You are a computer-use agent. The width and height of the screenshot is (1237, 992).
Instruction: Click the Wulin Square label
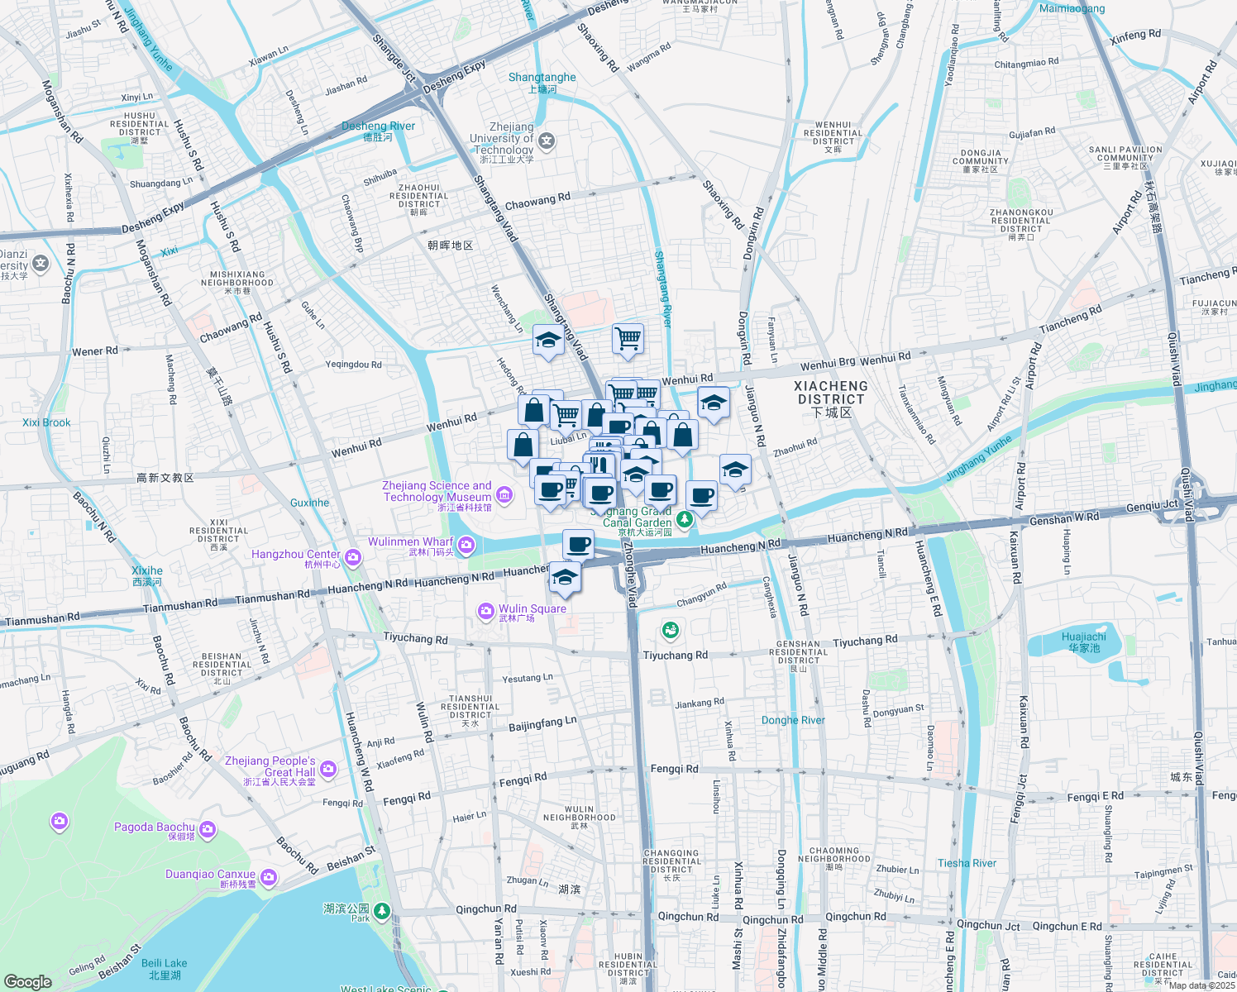tap(533, 609)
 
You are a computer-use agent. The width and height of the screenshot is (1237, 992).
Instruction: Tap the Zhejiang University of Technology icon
tap(547, 141)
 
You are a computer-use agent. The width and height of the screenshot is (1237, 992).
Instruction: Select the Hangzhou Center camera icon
tap(353, 558)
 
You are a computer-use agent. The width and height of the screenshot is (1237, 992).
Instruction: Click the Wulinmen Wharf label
tap(411, 542)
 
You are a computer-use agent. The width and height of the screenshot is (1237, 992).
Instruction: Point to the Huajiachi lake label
tap(1083, 641)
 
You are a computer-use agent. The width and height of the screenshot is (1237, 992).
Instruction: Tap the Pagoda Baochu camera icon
tap(208, 828)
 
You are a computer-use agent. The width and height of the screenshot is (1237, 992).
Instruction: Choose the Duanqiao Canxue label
tap(210, 875)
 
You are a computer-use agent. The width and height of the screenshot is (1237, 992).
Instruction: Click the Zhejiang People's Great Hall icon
tap(328, 770)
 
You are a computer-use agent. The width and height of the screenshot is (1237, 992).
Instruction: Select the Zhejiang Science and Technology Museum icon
tap(504, 494)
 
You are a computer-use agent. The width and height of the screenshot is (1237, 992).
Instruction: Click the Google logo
tap(28, 981)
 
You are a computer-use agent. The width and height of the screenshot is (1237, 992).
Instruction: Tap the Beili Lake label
tap(164, 964)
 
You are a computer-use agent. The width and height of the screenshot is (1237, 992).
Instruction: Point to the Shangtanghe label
tap(542, 78)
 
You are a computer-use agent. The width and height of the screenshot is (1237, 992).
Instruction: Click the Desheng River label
tap(378, 126)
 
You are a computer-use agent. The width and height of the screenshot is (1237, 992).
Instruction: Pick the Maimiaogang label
tap(1072, 8)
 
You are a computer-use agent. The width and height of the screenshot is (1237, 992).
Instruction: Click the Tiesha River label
tap(967, 863)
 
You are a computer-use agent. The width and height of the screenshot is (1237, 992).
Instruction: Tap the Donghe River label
tap(793, 720)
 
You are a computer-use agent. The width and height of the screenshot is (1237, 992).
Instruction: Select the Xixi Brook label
tap(46, 422)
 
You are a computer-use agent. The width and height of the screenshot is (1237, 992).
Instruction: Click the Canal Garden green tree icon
tap(684, 519)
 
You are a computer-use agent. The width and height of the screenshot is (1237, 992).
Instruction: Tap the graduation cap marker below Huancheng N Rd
tap(565, 578)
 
